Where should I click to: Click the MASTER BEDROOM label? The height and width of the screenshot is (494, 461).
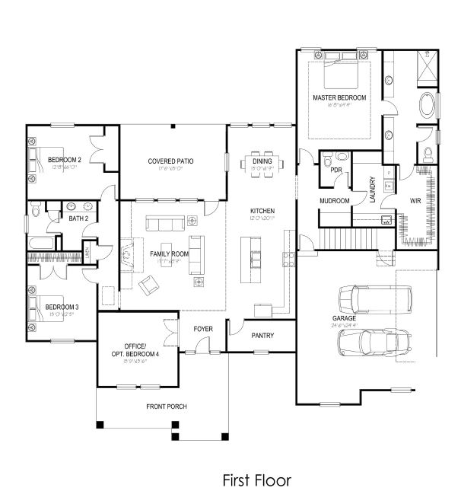339,98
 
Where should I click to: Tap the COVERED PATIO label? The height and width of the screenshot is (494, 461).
170,161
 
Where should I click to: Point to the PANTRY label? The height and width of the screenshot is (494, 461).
262,335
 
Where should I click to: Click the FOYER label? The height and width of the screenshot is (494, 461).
203,329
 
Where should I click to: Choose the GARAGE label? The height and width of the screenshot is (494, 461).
345,319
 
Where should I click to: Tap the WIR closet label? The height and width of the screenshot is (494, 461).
416,201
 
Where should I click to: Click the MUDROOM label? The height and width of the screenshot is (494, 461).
334,201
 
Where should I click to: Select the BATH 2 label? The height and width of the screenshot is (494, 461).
79,219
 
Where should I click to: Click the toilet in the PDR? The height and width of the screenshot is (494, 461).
326,161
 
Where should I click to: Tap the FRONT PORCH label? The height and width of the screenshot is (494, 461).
167,406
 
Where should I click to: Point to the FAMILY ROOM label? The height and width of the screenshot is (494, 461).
169,253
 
